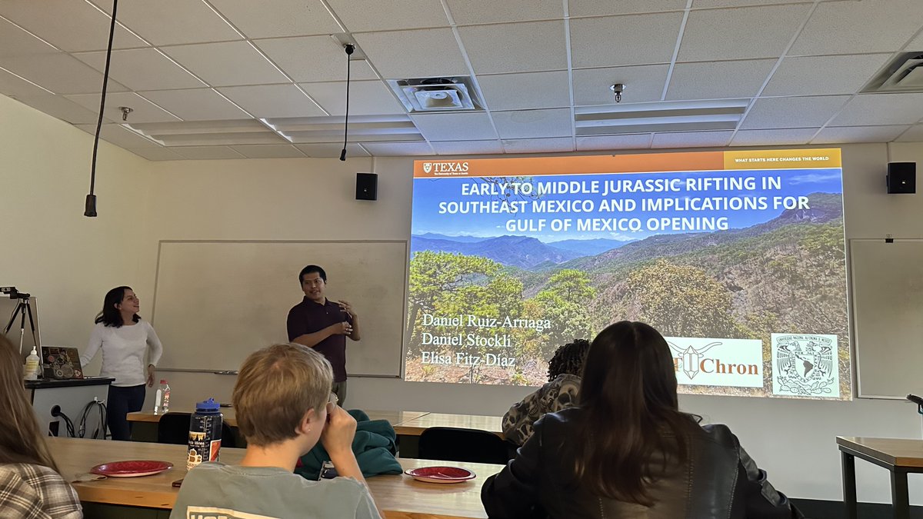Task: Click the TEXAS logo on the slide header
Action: click(x=446, y=167)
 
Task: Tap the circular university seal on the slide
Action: click(x=805, y=365)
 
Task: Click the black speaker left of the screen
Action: click(x=366, y=186)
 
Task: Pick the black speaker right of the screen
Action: click(x=901, y=178)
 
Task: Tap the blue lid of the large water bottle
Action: click(x=208, y=405)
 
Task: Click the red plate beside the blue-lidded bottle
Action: click(x=132, y=467)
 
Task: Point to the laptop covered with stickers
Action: click(x=62, y=362)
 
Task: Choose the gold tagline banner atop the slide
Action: click(x=781, y=159)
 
